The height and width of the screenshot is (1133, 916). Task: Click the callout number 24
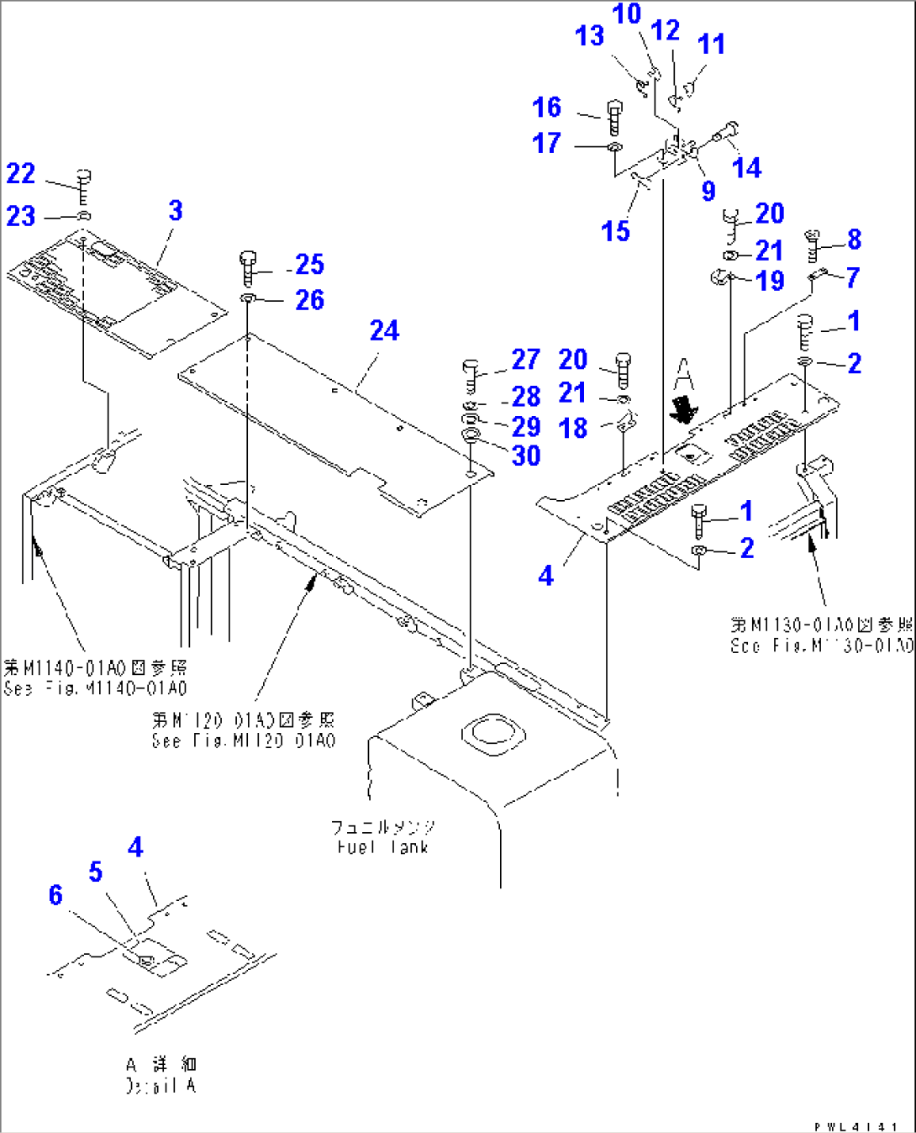point(384,330)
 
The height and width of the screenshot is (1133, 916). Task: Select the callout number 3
point(175,210)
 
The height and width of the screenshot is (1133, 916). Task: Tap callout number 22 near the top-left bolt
point(21,173)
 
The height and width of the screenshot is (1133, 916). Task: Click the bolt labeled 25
point(248,267)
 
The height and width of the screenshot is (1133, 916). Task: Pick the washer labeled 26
point(249,299)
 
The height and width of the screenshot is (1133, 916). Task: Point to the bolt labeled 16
point(613,117)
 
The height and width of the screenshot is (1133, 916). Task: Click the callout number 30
point(526,456)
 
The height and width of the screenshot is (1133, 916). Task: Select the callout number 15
point(615,230)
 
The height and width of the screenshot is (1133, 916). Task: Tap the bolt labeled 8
point(812,245)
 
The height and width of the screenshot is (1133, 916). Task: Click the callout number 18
point(573,428)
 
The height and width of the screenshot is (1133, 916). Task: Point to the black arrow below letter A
point(682,408)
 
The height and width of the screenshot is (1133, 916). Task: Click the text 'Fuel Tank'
point(382,847)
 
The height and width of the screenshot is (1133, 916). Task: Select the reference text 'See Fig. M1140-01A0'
point(95,688)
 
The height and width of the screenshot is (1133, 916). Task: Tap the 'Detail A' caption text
point(161,1085)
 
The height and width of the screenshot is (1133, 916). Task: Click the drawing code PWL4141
point(855,1125)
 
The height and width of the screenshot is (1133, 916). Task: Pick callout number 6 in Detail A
point(55,894)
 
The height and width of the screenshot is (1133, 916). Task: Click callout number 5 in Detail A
point(96,872)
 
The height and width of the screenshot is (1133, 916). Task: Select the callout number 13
point(589,35)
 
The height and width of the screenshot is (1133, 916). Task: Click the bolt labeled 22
point(83,187)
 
